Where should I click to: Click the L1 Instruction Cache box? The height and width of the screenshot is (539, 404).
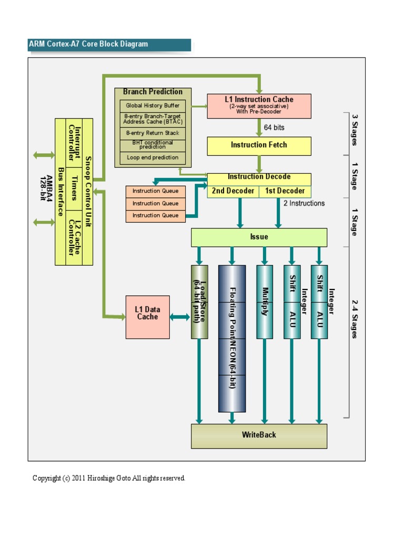pyautogui.click(x=259, y=106)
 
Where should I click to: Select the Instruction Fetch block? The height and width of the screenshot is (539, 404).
pyautogui.click(x=259, y=146)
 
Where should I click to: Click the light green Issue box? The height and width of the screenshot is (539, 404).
pyautogui.click(x=259, y=237)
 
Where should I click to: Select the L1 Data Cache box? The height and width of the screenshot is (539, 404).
pyautogui.click(x=147, y=317)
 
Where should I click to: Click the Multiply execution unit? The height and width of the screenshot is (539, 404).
pyautogui.click(x=265, y=302)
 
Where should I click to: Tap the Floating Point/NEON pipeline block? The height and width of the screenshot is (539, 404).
pyautogui.click(x=232, y=338)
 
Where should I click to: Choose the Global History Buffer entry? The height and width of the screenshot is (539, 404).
pyautogui.click(x=153, y=106)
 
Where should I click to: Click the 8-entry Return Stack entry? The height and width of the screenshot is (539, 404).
pyautogui.click(x=153, y=133)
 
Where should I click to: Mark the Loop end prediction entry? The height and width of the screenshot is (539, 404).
pyautogui.click(x=153, y=158)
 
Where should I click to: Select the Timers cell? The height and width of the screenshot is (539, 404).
pyautogui.click(x=74, y=188)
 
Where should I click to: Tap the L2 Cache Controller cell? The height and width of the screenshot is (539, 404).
pyautogui.click(x=74, y=237)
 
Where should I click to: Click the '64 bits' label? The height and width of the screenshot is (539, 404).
pyautogui.click(x=274, y=127)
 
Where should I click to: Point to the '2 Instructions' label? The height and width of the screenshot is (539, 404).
pyautogui.click(x=304, y=203)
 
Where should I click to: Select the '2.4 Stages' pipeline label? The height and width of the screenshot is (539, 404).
pyautogui.click(x=354, y=318)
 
